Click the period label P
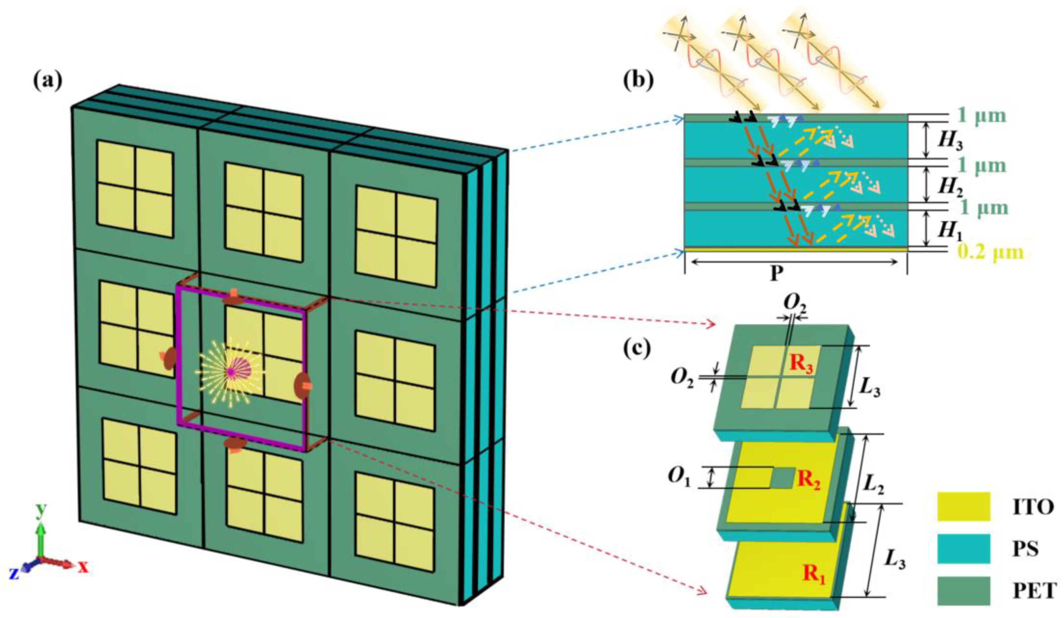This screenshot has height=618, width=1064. click(776, 274)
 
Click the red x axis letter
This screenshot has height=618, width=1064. click(83, 567)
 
